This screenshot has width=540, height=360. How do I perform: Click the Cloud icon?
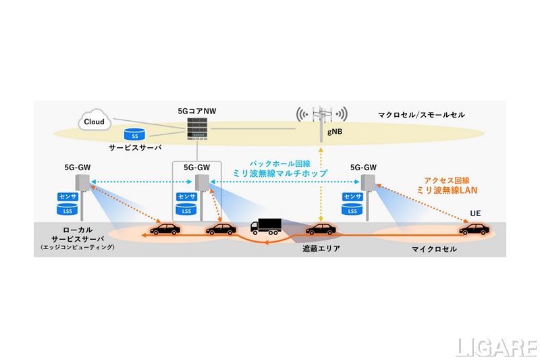coord(94,122)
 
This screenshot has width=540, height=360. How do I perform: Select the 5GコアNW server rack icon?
coord(197,127)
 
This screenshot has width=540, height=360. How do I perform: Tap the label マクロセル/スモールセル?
coord(421,115)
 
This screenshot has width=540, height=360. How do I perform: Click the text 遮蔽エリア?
coord(321,249)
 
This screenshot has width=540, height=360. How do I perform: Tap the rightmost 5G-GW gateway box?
coord(368,183)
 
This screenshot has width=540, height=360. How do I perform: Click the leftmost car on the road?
coord(164,230)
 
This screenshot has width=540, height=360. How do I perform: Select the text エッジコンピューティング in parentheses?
coord(78,248)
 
